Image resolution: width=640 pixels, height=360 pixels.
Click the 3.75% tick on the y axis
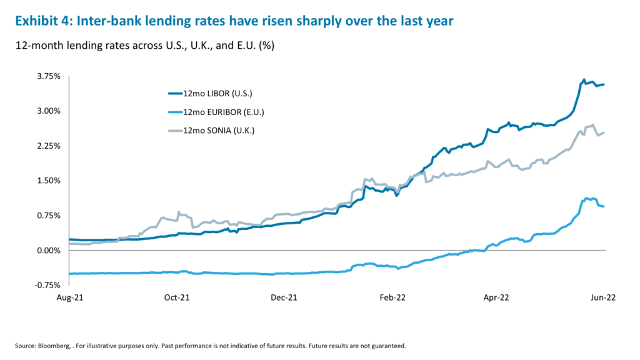click(48, 76)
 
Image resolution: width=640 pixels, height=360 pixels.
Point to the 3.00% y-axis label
click(48, 111)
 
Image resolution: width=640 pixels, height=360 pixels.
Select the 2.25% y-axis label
click(48, 146)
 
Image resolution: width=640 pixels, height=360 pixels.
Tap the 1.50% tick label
click(48, 181)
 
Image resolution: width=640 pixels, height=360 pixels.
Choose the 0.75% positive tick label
click(48, 216)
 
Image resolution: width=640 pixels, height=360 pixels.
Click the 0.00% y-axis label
click(48, 250)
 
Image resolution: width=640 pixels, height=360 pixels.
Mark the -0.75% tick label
click(47, 285)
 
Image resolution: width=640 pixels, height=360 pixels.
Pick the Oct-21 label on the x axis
click(177, 298)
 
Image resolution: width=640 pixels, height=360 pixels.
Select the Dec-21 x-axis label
click(284, 298)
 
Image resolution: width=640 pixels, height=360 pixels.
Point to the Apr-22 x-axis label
click(499, 298)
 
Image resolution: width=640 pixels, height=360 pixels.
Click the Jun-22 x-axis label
click(604, 298)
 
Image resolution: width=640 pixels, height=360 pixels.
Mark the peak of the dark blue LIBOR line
click(584, 80)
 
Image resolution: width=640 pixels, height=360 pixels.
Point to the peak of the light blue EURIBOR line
click(586, 197)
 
